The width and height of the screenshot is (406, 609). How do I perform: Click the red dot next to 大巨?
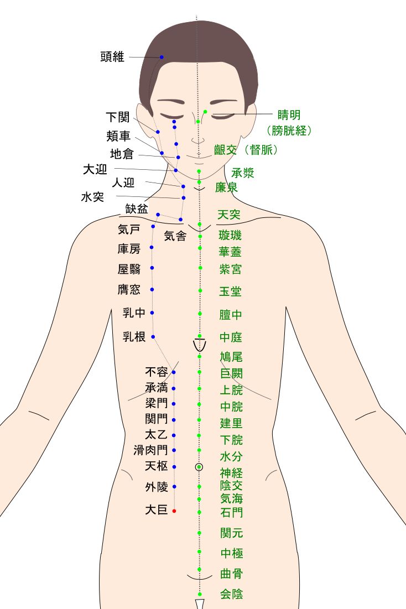174,511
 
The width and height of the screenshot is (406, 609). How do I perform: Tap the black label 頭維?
113,56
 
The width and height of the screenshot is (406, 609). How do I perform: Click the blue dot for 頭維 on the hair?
162,58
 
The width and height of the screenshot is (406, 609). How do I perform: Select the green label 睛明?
289,115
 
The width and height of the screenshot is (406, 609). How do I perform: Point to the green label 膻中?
231,315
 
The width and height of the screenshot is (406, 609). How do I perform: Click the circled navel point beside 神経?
199,467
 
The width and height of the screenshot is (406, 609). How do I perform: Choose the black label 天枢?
156,466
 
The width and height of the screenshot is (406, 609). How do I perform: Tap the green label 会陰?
231,594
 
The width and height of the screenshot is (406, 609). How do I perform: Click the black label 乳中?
134,313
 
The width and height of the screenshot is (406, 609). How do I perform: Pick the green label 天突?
229,215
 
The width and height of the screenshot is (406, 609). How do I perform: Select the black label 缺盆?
137,209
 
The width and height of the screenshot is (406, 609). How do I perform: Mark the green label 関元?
231,533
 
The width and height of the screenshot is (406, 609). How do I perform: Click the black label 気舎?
175,236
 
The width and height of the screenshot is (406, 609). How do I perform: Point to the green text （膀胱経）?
289,131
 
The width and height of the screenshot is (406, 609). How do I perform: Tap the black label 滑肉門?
150,450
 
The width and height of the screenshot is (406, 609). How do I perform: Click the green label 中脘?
231,407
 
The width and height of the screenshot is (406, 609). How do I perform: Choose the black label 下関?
117,117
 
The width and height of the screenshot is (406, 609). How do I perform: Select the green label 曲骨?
231,573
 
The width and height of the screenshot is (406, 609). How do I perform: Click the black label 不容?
156,372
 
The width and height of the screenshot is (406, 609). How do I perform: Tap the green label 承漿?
243,173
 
